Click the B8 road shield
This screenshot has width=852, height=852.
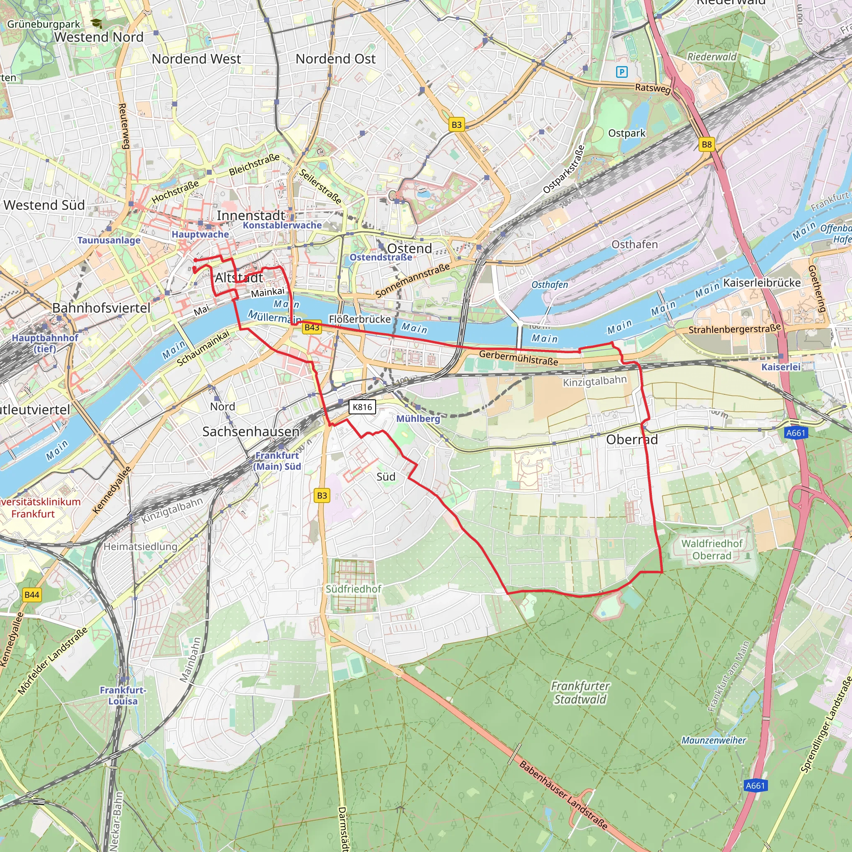coord(706,144)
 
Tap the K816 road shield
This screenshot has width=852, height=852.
coord(362,406)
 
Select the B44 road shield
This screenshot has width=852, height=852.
coord(32,594)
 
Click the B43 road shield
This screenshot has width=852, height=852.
coord(312,327)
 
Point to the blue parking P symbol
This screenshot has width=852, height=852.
coord(622,72)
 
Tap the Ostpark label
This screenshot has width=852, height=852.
coord(626,133)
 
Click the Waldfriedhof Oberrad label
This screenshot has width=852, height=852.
coord(712,550)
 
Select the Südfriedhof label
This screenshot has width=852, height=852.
coord(353,589)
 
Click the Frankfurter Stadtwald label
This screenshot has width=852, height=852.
coord(580,692)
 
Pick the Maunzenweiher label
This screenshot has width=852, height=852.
coord(713,740)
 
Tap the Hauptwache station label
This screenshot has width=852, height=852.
coord(200,234)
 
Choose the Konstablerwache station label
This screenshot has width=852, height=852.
coord(282,225)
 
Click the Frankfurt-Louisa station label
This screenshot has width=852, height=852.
coord(123,696)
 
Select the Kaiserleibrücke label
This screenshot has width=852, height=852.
coord(762,282)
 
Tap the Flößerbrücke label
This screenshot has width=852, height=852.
coord(360,319)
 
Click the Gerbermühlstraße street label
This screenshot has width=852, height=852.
coord(519,357)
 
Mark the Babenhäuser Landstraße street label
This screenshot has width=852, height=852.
coord(563,795)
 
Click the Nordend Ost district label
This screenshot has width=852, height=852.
coord(335,59)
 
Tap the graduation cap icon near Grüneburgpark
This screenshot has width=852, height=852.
coord(96,24)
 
